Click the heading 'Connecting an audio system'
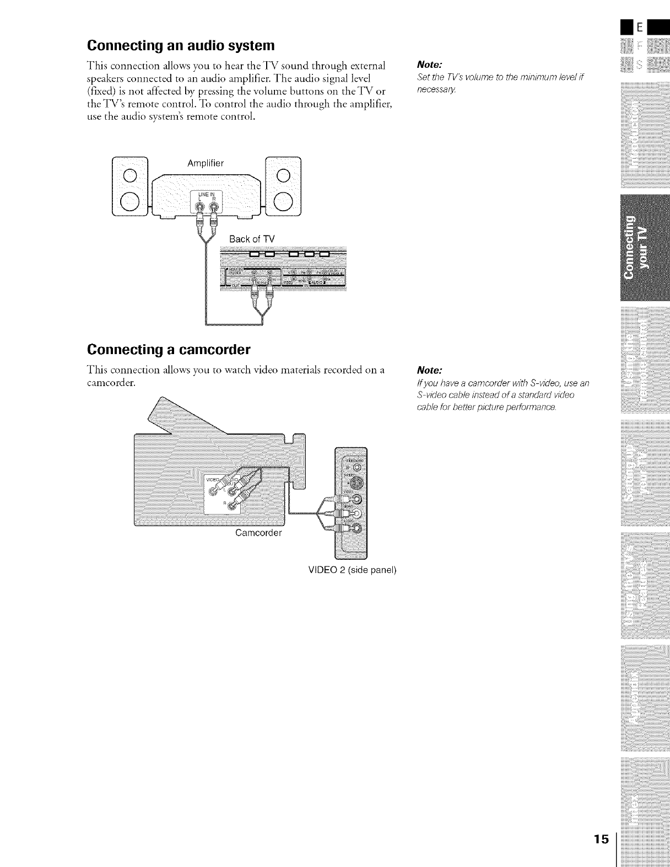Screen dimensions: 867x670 180,44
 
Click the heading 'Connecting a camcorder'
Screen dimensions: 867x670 169,350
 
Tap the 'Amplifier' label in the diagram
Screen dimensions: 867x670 205,163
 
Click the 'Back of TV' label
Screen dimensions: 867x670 251,239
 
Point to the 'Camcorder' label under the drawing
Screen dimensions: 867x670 258,533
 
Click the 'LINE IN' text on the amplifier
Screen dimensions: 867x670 206,194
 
